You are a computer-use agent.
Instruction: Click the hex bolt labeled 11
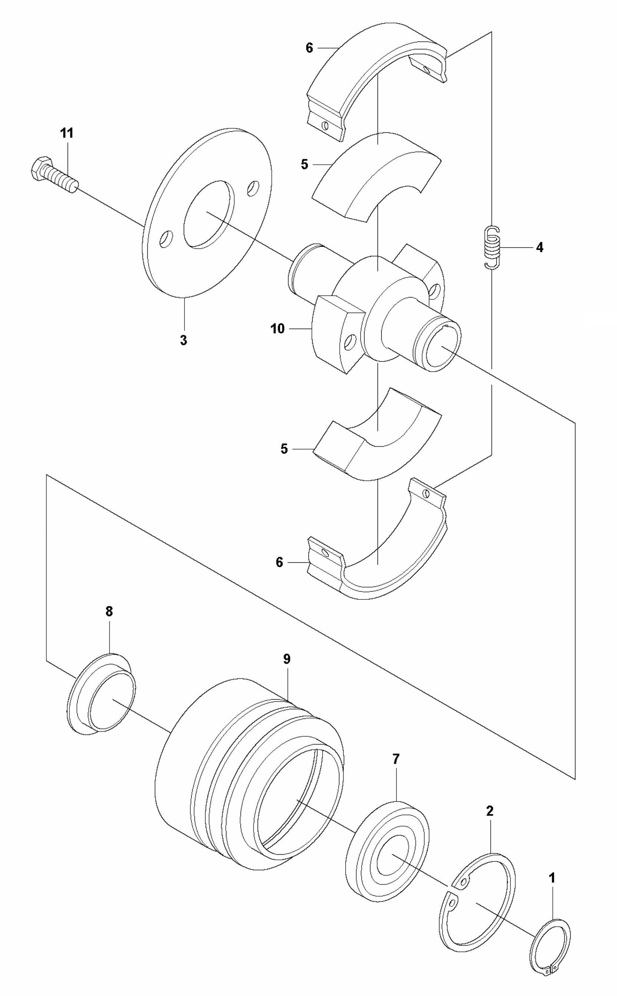click(53, 174)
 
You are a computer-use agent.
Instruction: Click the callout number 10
click(277, 329)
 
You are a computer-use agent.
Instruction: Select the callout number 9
click(287, 659)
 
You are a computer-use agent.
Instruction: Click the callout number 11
click(67, 133)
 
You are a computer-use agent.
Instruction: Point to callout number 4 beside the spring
click(539, 247)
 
